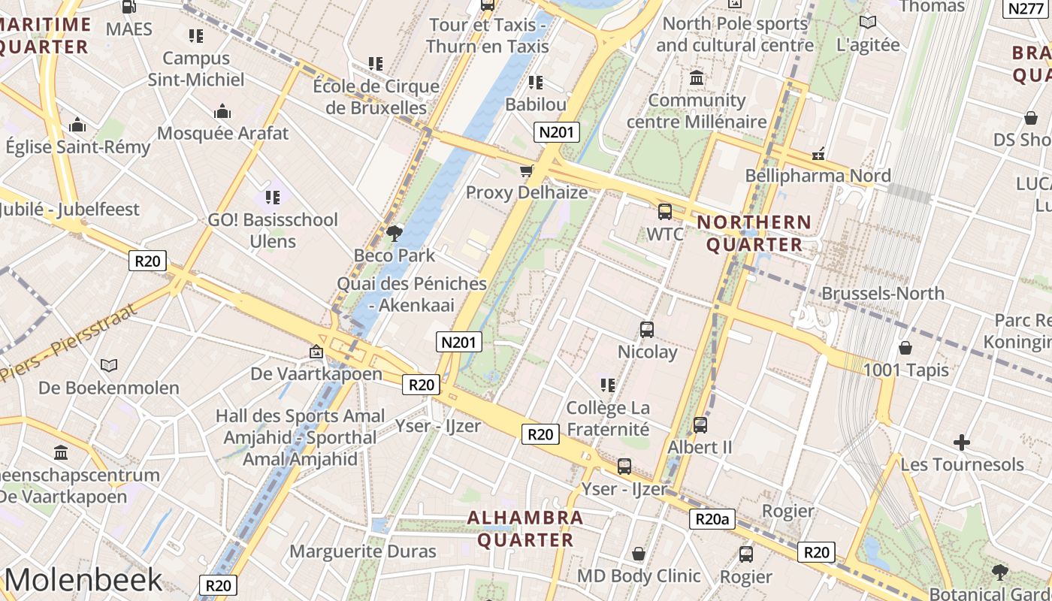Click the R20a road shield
click(x=712, y=519)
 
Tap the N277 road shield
click(x=1025, y=8)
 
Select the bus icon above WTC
click(x=665, y=212)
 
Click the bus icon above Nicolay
click(x=647, y=329)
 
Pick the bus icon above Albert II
click(x=700, y=424)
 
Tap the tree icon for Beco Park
click(x=394, y=233)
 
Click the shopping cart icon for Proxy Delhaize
click(x=527, y=171)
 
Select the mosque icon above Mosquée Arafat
click(x=222, y=112)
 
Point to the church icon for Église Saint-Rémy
click(x=77, y=125)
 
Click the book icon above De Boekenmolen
click(x=109, y=365)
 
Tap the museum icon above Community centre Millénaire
click(x=697, y=78)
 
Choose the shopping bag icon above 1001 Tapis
click(x=905, y=348)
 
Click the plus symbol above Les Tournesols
click(x=962, y=442)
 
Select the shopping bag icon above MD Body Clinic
click(x=639, y=554)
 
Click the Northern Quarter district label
click(x=754, y=233)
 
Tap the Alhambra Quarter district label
click(x=525, y=528)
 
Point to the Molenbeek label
click(x=83, y=579)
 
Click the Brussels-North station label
click(x=882, y=293)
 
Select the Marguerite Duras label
click(x=363, y=551)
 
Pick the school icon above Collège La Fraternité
click(x=608, y=385)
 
